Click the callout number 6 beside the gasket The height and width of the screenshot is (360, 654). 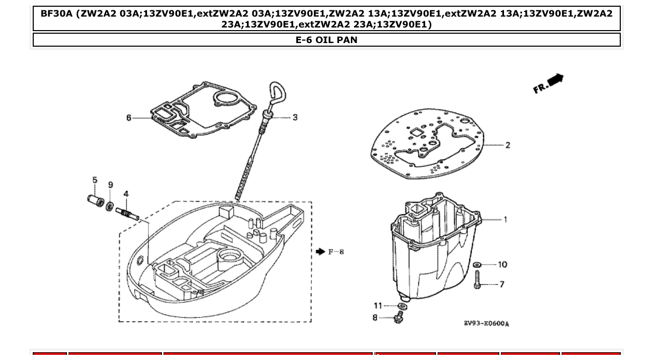pos(129,118)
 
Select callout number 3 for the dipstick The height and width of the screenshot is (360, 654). pos(295,118)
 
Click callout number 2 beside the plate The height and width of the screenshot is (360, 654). pos(507,145)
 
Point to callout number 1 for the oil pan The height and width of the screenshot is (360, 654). pos(505,219)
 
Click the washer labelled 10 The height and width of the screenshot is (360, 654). pos(478,265)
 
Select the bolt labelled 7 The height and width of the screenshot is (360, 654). pos(478,281)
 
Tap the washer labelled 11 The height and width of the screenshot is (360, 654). pos(403,306)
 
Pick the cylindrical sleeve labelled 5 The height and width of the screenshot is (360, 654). pos(95,200)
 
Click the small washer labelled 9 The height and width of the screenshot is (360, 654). pos(110,206)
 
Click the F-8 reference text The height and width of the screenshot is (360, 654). pos(336,252)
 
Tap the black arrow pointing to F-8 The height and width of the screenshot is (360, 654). pos(320,252)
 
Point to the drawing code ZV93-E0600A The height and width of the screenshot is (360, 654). pos(486,324)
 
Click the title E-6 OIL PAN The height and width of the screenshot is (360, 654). pos(326,39)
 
